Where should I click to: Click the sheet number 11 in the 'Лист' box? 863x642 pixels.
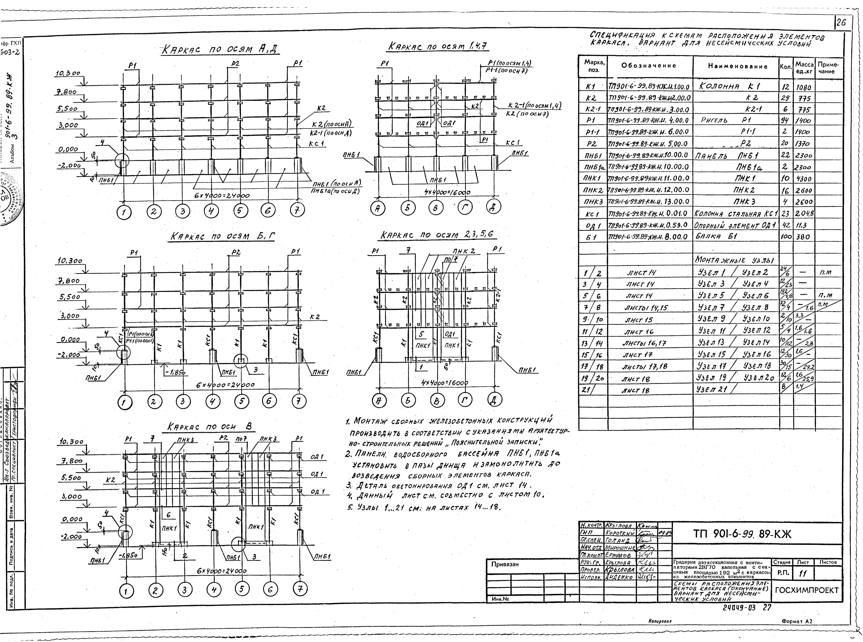(801, 573)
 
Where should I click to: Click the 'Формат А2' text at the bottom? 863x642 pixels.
(797, 632)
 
